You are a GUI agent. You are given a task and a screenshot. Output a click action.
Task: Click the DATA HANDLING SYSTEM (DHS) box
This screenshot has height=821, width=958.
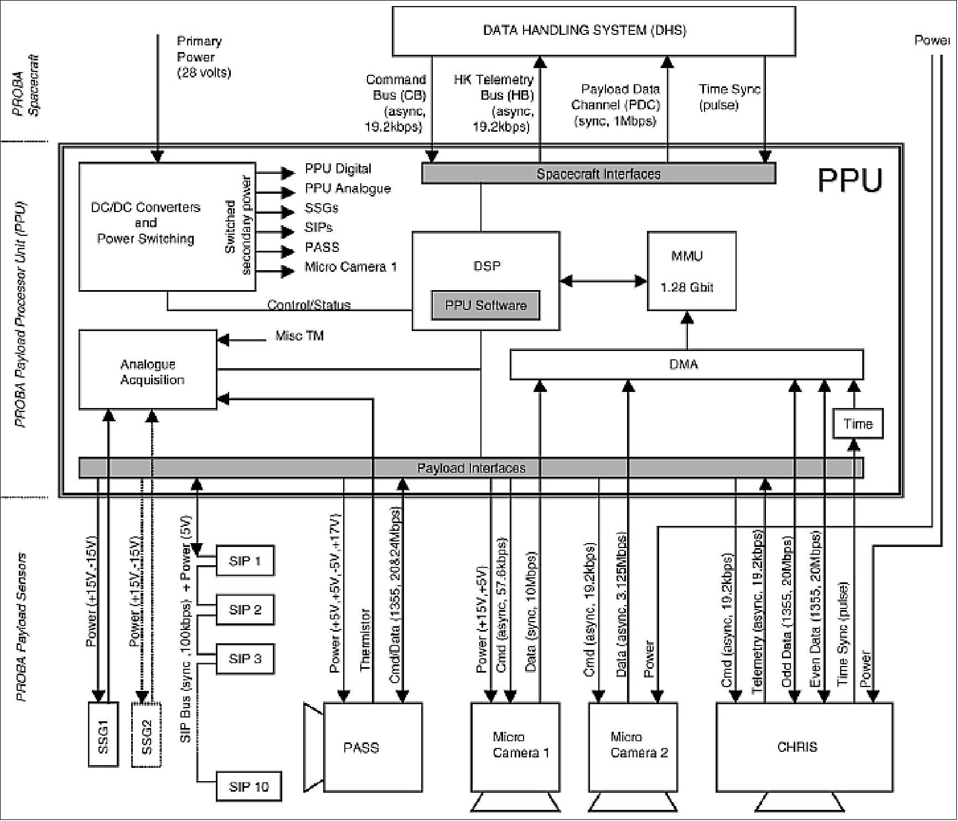[x=593, y=31]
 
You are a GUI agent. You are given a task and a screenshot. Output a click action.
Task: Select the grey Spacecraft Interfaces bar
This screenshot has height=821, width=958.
[x=598, y=174]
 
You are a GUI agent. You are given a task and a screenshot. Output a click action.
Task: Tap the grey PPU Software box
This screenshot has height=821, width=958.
[x=485, y=305]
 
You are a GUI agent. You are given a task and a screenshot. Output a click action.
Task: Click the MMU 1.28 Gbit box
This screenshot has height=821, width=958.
[x=691, y=271]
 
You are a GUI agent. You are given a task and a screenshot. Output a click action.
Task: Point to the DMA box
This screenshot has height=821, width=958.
[x=686, y=364]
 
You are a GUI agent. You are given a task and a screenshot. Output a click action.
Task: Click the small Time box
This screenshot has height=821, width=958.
[x=857, y=424]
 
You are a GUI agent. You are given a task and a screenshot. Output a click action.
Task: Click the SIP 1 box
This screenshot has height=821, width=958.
[x=245, y=561]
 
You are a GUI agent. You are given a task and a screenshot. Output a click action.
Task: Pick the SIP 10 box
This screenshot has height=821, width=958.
[x=248, y=786]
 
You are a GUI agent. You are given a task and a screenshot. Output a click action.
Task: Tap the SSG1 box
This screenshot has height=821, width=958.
[x=103, y=734]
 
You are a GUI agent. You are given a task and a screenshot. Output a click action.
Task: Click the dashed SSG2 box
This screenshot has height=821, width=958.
[x=146, y=734]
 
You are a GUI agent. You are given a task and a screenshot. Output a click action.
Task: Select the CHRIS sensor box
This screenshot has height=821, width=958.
[x=804, y=747]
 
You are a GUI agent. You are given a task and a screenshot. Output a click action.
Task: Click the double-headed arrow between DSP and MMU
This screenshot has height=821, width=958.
[x=603, y=281]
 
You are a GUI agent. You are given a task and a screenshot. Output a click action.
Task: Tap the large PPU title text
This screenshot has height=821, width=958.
[x=850, y=180]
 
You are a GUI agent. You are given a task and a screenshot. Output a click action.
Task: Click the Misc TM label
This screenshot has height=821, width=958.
[x=299, y=336]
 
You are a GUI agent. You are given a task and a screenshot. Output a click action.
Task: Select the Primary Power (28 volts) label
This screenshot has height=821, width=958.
[x=204, y=57]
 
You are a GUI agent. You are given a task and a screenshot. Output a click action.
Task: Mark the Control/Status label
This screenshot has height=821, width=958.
[x=309, y=305]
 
